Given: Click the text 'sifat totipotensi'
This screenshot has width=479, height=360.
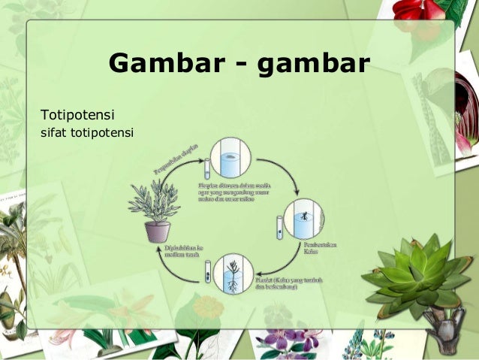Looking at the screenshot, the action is pyautogui.click(x=86, y=135).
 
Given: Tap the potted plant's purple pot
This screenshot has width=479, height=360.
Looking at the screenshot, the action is pyautogui.click(x=158, y=231).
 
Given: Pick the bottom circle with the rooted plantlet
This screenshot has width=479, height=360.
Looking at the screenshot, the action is pyautogui.click(x=233, y=275).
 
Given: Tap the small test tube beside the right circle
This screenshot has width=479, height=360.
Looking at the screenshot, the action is pyautogui.click(x=279, y=227).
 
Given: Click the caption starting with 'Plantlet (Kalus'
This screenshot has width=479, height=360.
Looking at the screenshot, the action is pyautogui.click(x=276, y=284).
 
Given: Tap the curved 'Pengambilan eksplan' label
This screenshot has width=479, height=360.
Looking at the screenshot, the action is pyautogui.click(x=176, y=156).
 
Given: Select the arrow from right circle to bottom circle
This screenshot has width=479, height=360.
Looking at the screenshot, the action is pyautogui.click(x=275, y=263).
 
